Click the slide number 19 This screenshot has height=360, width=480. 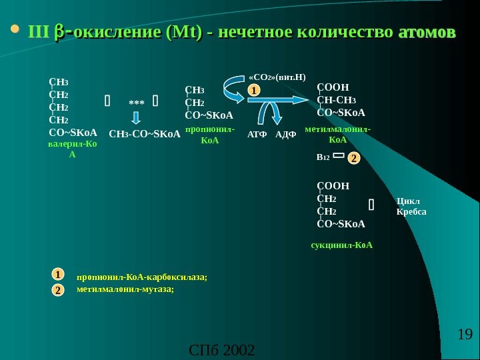[465, 334]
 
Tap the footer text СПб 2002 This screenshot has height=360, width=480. [222, 350]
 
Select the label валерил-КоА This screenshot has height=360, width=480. [73, 149]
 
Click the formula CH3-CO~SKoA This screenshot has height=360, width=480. [145, 134]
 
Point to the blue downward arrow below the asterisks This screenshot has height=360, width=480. [136, 118]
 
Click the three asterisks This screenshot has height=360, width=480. [136, 103]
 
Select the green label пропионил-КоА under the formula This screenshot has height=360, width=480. [210, 135]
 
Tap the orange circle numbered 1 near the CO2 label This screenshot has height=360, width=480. [253, 89]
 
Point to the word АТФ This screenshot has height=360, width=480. [257, 134]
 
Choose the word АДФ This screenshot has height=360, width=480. [285, 134]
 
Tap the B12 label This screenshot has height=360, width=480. [323, 158]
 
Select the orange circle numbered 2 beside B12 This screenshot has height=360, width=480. [353, 158]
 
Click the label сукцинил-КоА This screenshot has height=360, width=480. [342, 245]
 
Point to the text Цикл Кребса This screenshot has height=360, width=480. [411, 206]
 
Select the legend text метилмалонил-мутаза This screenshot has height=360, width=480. [125, 289]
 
